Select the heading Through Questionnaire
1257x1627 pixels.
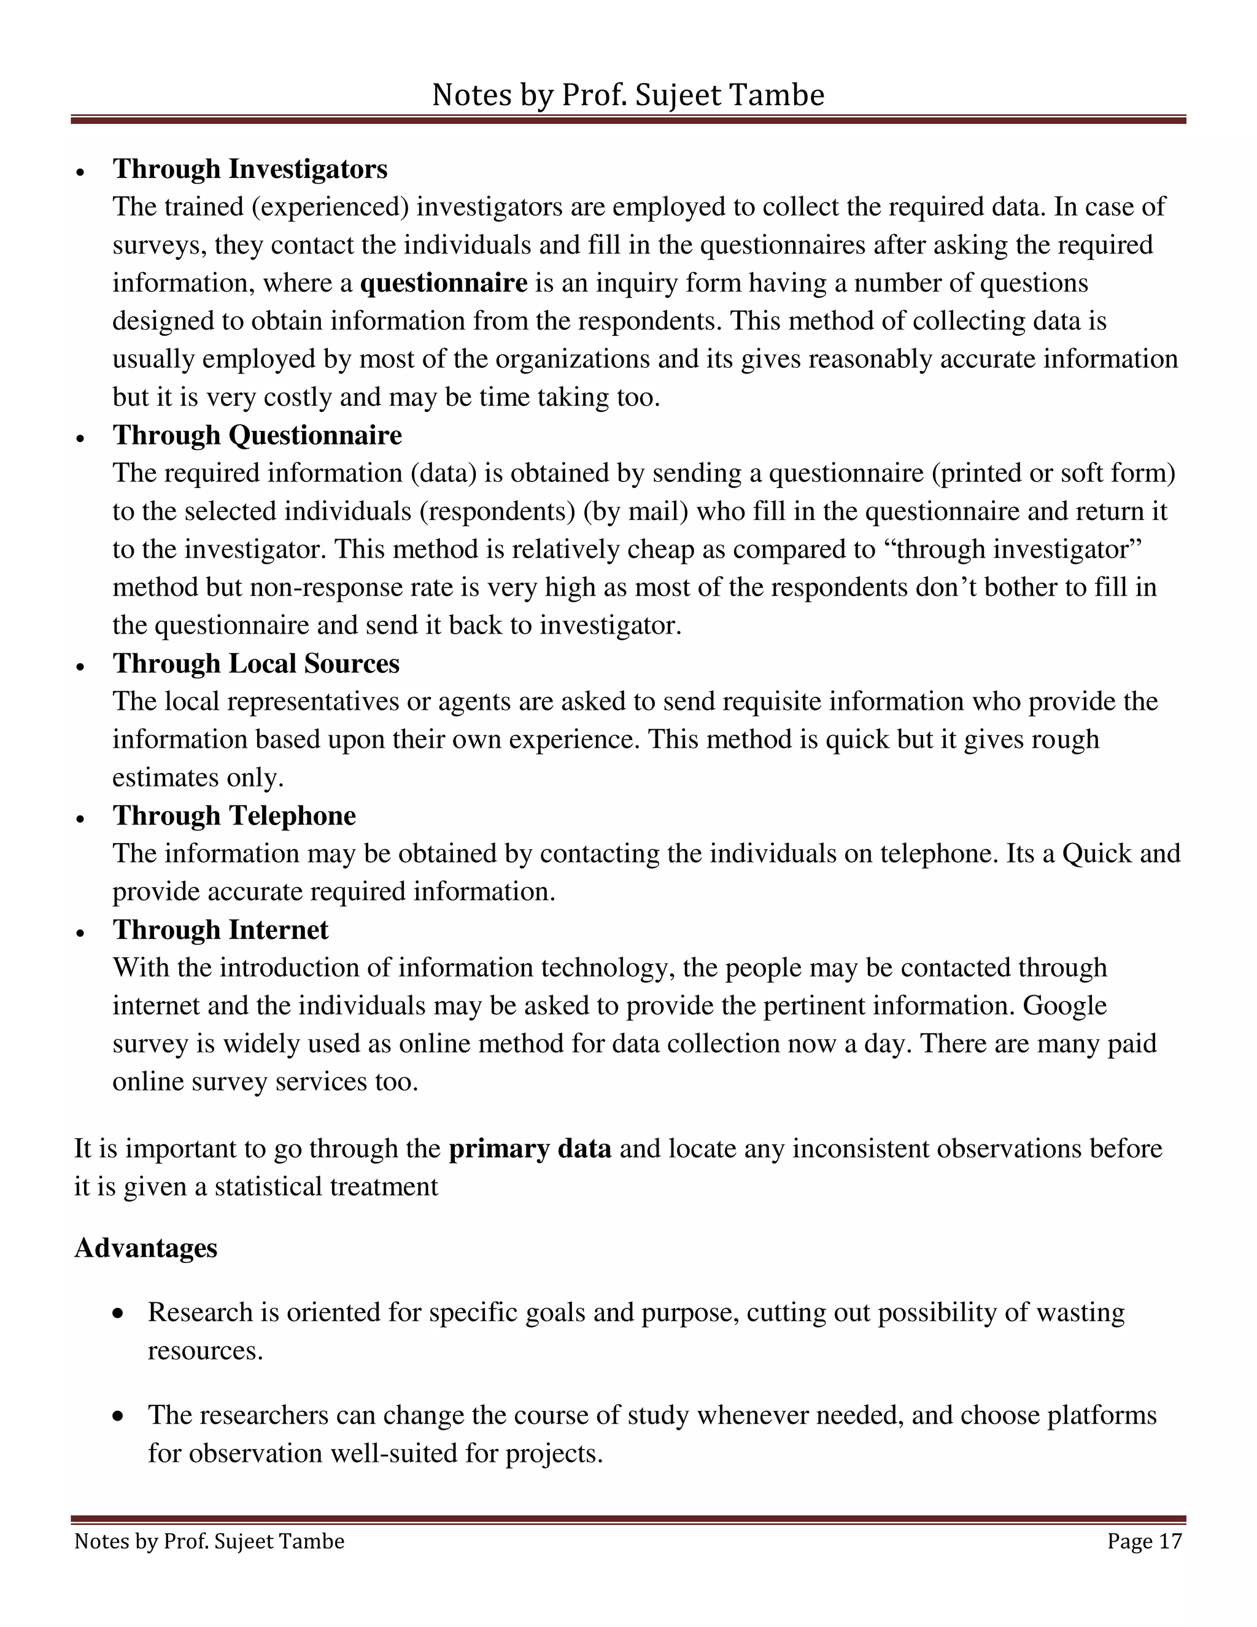[257, 435]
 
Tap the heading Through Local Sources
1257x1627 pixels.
[255, 663]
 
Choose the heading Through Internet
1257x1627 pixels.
[220, 930]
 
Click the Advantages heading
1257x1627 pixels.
[145, 1248]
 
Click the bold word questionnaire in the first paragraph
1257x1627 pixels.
[443, 283]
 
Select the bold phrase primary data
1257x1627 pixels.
[530, 1148]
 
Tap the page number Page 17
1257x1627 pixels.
[1144, 1541]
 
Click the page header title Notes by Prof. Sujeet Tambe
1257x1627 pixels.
[628, 95]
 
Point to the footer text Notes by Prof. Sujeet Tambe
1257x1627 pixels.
[209, 1541]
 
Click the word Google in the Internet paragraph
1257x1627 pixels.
[1064, 1006]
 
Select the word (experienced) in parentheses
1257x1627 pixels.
[330, 207]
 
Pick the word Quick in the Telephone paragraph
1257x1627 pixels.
[1096, 853]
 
